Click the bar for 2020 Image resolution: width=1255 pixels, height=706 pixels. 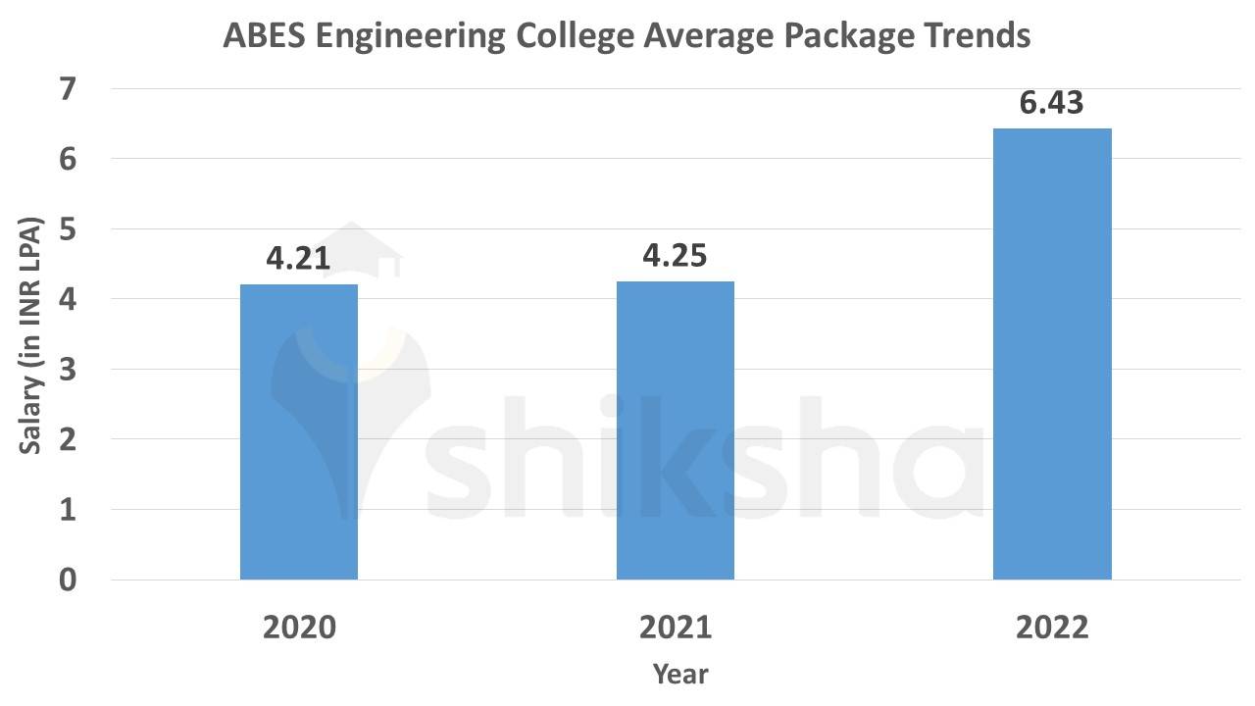[299, 431]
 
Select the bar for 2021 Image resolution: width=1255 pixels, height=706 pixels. [676, 430]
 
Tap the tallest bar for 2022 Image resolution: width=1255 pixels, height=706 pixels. [1052, 354]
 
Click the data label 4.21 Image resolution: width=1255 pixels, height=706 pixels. [298, 259]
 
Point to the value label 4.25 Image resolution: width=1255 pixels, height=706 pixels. [675, 256]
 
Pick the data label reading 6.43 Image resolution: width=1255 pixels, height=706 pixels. [1052, 103]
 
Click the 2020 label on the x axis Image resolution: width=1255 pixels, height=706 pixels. [299, 628]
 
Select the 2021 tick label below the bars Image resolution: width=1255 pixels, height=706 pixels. [676, 628]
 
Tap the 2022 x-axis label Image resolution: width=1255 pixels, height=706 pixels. [1052, 628]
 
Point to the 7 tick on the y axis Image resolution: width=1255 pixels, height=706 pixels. [68, 89]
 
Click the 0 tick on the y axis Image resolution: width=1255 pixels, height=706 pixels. [68, 580]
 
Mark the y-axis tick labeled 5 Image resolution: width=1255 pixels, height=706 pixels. [68, 229]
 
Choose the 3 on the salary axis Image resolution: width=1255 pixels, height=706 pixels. [68, 370]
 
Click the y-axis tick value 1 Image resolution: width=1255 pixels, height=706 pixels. [68, 510]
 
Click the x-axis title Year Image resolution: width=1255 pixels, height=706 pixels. [679, 674]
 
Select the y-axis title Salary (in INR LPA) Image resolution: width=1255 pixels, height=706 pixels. [31, 333]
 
